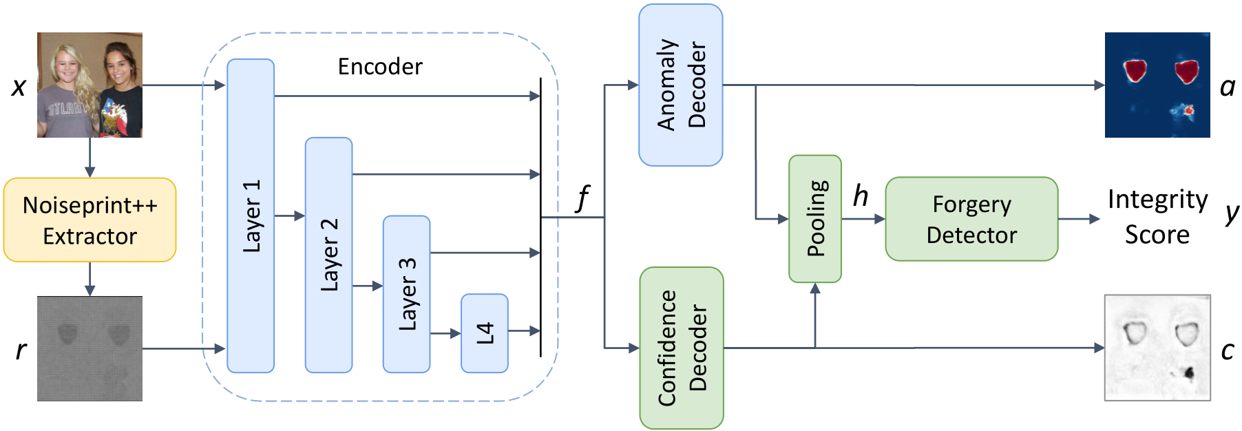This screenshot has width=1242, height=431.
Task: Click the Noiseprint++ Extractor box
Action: [90, 220]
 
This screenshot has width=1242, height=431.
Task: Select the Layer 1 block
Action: [251, 216]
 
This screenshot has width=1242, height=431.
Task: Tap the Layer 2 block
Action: [328, 255]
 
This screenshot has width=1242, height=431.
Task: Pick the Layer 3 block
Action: [406, 294]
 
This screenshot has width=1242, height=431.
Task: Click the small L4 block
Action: [485, 333]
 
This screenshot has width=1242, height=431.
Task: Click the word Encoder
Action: [380, 67]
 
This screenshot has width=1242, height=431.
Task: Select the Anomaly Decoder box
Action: [680, 85]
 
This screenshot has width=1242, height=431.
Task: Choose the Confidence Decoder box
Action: [681, 348]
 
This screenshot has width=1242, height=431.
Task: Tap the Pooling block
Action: [815, 219]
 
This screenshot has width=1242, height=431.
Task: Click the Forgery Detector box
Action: [971, 219]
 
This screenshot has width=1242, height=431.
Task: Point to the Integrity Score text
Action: [1157, 217]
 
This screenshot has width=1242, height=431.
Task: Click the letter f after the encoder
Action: [582, 198]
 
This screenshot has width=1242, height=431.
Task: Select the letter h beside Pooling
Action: [861, 196]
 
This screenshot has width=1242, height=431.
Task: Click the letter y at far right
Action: [1231, 213]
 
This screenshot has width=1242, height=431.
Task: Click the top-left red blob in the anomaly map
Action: [1135, 70]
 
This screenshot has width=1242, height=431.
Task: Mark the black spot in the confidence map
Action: [1189, 373]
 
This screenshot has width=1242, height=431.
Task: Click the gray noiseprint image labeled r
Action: [90, 348]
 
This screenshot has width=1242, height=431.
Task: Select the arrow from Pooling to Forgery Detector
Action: [863, 219]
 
